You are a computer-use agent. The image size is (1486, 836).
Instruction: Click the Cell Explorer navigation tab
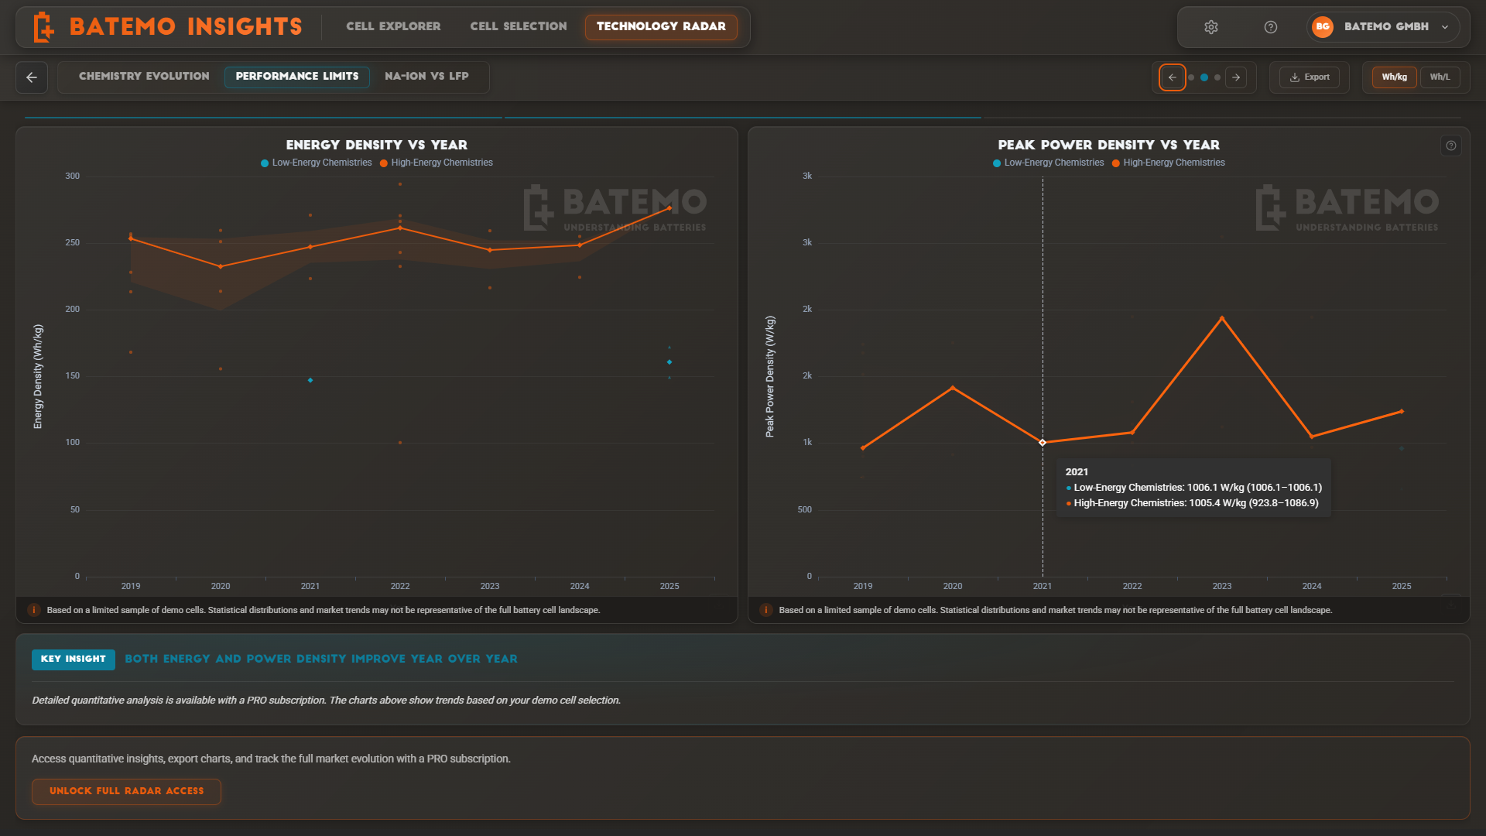[x=393, y=26]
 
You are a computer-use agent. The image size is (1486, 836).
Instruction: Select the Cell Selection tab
[x=519, y=26]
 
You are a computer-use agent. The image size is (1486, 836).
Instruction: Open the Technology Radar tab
[x=661, y=26]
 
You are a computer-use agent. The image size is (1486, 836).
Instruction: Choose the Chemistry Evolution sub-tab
[x=144, y=76]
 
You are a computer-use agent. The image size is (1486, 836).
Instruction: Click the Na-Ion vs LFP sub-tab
[x=426, y=76]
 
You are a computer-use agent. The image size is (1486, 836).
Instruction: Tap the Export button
[x=1310, y=77]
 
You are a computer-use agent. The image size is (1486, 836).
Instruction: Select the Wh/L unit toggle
[x=1440, y=77]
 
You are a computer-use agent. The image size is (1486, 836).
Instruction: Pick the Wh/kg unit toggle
[x=1394, y=77]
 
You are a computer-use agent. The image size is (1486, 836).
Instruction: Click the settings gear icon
[x=1211, y=27]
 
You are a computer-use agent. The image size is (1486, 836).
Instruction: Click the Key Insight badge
[x=73, y=659]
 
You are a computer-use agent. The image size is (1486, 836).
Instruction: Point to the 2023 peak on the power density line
[x=1222, y=318]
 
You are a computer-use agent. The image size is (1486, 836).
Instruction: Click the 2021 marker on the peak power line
[x=1043, y=443]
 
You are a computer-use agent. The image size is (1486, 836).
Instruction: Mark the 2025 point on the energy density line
[x=669, y=208]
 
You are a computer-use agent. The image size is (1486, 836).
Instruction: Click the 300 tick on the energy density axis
[x=72, y=176]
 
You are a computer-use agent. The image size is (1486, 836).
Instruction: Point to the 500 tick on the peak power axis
[x=805, y=509]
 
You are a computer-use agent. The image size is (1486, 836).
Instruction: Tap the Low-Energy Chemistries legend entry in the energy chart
[x=317, y=163]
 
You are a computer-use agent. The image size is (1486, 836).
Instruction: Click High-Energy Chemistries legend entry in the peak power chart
[x=1169, y=163]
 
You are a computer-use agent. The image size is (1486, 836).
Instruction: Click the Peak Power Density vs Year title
[x=1108, y=145]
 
